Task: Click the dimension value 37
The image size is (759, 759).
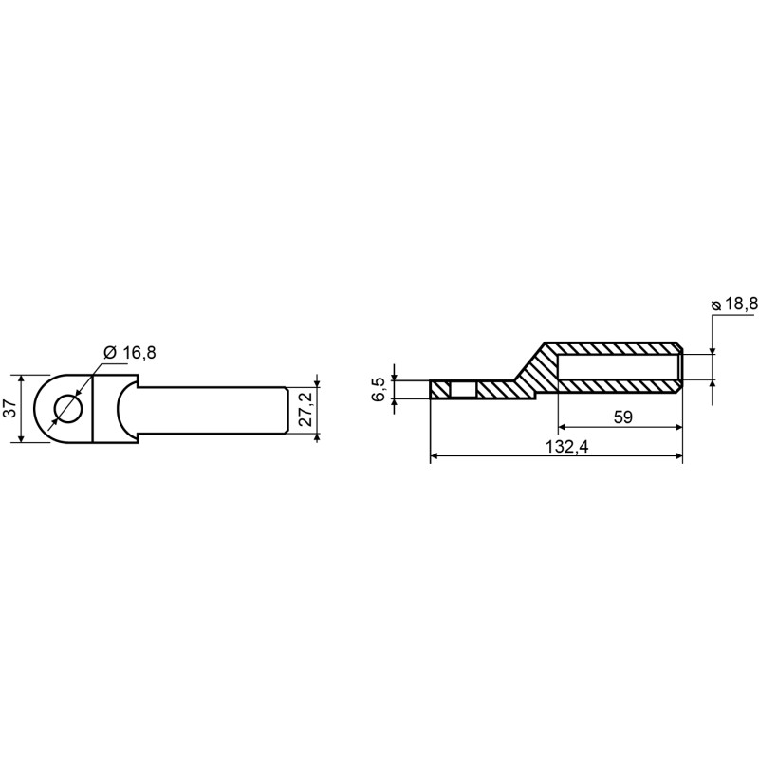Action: coord(12,409)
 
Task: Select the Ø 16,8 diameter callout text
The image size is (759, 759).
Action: coord(130,352)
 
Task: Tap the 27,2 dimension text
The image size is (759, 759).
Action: coord(305,409)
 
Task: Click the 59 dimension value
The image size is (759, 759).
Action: coord(622,417)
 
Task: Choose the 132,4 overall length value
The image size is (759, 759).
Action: coord(566,446)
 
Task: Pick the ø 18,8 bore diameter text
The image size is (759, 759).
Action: coord(733,304)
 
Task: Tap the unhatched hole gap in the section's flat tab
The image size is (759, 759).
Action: coord(463,390)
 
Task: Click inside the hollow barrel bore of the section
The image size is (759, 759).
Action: coord(620,366)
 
